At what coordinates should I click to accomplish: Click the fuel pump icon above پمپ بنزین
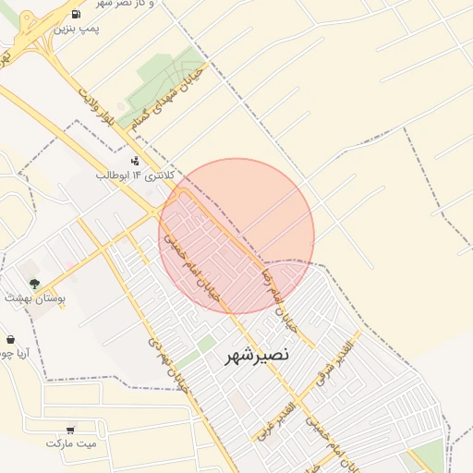coord(73,15)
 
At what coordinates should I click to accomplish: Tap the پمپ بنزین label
coord(75,30)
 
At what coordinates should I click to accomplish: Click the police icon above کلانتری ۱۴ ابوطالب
coord(137,160)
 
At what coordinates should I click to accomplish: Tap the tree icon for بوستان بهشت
coord(34,283)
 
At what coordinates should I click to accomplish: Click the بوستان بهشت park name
coord(31,297)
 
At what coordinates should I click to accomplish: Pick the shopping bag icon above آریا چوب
coord(10,339)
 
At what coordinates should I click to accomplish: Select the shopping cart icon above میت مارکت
coord(71,429)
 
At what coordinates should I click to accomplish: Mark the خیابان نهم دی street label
coord(167,361)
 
